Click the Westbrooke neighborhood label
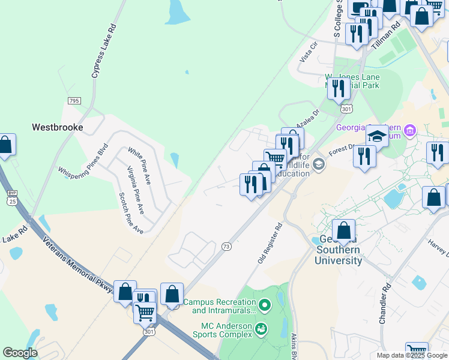[57, 127]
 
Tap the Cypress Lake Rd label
[104, 51]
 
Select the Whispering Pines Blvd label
[83, 160]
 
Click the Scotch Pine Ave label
[131, 213]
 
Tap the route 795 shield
[74, 101]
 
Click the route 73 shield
[226, 246]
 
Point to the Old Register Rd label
[270, 243]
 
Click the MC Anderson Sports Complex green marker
[261, 328]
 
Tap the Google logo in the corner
[20, 353]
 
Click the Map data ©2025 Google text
[411, 355]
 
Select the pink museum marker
[410, 130]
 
